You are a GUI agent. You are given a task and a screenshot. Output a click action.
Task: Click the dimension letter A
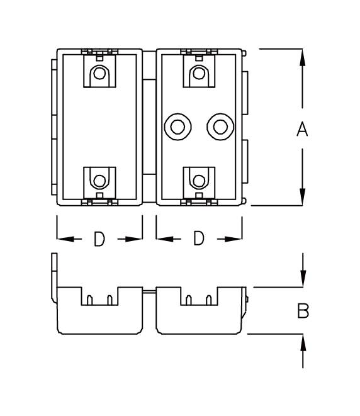pos(302,130)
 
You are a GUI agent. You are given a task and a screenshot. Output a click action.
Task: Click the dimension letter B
pos(303,311)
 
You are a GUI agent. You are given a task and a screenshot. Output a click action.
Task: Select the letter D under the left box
pos(99,239)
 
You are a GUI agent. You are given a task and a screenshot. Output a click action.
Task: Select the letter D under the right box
pos(198,239)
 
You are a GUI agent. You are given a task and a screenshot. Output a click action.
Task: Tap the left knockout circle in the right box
pos(176,127)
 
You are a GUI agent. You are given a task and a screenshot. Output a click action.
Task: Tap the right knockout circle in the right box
pos(220,127)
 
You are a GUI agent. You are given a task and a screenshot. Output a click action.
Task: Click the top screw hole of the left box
pos(99,74)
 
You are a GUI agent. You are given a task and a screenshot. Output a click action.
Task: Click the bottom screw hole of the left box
pos(99,181)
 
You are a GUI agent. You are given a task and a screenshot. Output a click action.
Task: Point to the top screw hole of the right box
pos(198,74)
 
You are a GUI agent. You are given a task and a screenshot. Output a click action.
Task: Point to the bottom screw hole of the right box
pos(198,181)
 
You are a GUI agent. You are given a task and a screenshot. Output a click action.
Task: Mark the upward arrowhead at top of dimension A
pos(303,58)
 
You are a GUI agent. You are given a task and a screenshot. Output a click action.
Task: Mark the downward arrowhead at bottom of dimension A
pos(303,196)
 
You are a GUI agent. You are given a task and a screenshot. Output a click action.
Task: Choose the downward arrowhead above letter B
pos(303,278)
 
